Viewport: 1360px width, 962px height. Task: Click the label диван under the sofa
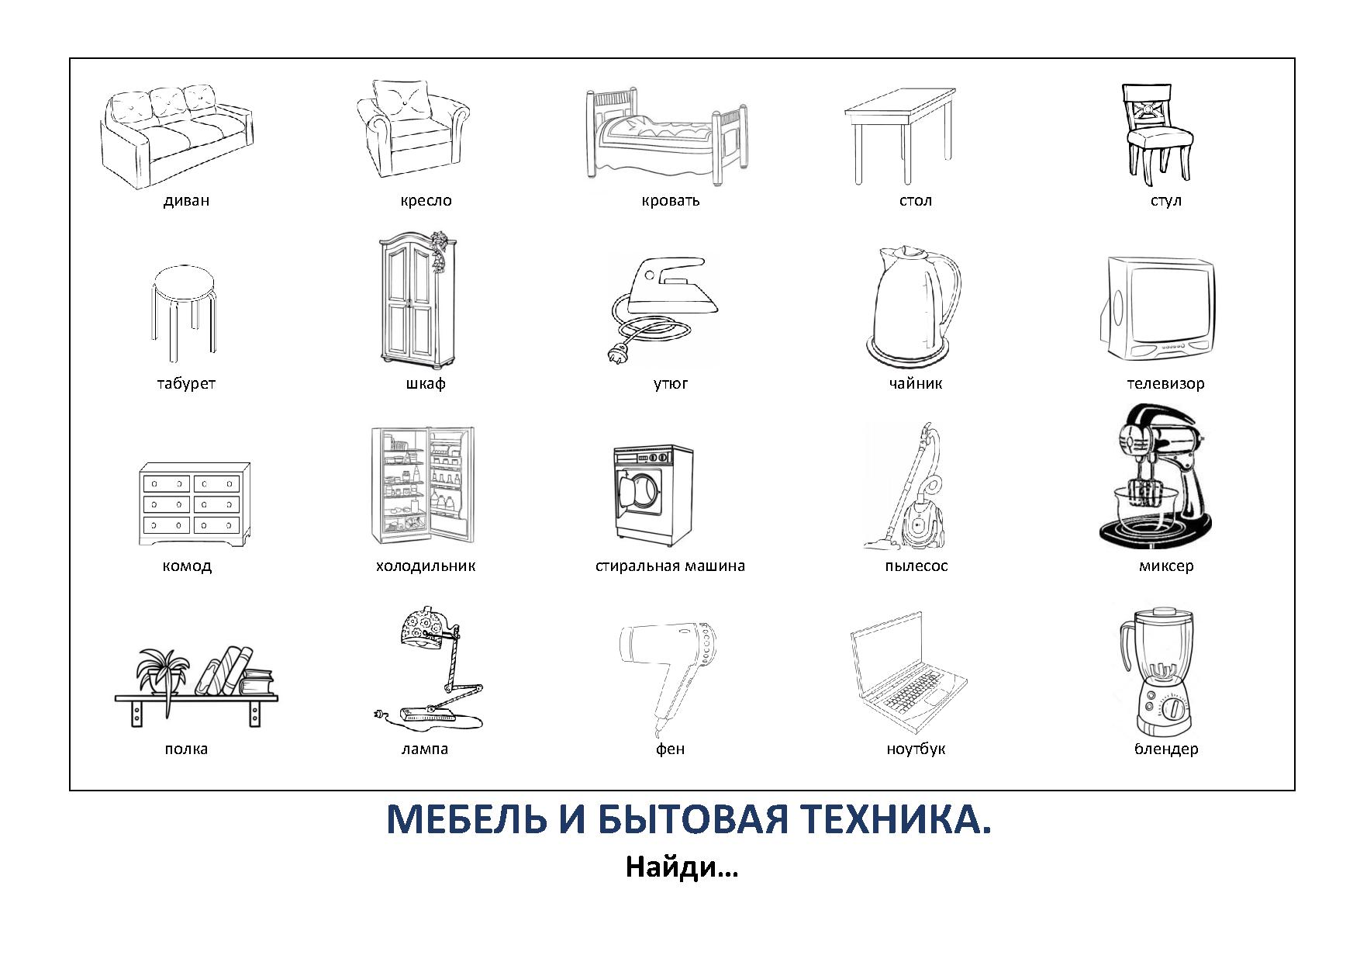(186, 200)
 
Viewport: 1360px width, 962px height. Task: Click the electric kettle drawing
(913, 306)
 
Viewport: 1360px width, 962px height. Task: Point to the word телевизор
(1165, 383)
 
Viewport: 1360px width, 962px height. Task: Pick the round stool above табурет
(184, 313)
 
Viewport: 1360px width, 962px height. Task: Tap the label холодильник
(425, 566)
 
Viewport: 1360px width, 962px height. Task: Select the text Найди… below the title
(682, 867)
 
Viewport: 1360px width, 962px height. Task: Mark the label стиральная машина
(670, 566)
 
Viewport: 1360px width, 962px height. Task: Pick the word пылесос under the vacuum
(916, 566)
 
